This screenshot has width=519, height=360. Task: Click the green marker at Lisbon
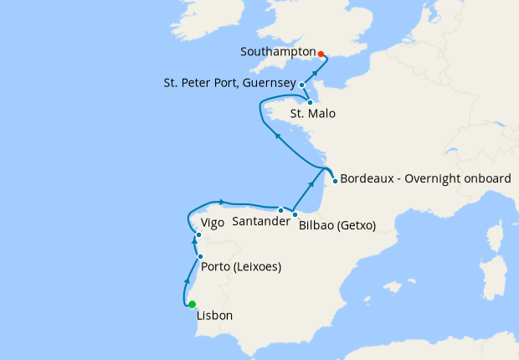192,305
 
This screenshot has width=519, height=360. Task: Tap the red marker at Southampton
321,54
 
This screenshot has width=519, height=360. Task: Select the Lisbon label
214,316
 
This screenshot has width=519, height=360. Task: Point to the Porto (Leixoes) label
241,268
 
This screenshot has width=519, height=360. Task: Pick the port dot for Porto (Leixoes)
200,256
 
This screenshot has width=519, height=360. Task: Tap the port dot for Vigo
198,235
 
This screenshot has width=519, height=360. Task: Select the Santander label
261,221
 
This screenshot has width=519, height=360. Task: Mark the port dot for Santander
280,210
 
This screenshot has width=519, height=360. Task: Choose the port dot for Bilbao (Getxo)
295,214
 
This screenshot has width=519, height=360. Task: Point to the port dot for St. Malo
310,102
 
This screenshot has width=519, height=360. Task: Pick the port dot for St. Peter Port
302,85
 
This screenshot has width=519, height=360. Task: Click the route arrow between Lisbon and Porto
186,281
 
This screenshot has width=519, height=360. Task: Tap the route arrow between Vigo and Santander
221,201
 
